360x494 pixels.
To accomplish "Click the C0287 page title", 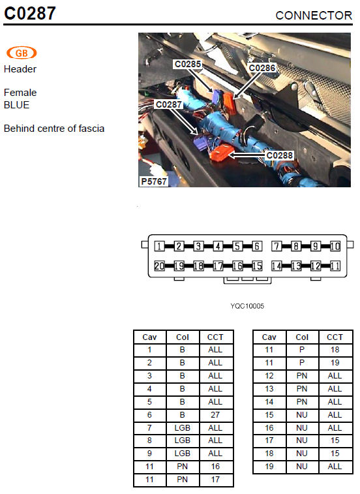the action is click(x=30, y=13).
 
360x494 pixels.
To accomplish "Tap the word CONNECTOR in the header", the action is click(x=314, y=16).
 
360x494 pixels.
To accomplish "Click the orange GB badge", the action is click(x=22, y=53).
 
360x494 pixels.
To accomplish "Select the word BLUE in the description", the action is click(x=16, y=105).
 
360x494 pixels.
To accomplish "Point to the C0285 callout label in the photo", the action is click(x=188, y=64).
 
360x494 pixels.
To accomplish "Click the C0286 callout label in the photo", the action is click(x=262, y=68).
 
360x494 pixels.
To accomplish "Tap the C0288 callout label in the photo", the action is click(x=279, y=155).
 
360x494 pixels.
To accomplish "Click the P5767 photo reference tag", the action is click(x=154, y=181).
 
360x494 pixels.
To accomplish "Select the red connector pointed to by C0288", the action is click(x=220, y=151).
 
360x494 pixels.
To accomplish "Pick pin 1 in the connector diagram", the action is click(x=159, y=246).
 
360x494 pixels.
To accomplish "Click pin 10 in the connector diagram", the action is click(x=335, y=246).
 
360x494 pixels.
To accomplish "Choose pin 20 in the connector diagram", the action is click(x=159, y=266).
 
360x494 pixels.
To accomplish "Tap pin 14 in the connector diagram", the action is click(x=277, y=266).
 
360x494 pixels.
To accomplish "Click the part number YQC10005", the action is click(x=247, y=306).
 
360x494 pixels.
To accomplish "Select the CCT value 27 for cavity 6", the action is click(x=215, y=415).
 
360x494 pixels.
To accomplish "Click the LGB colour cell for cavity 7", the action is click(x=183, y=428).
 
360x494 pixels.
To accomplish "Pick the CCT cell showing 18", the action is click(x=335, y=350).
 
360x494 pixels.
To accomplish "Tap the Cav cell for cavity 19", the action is click(x=269, y=467).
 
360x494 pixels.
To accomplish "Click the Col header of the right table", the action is click(x=302, y=337).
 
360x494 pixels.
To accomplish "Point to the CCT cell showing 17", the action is click(x=215, y=480).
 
